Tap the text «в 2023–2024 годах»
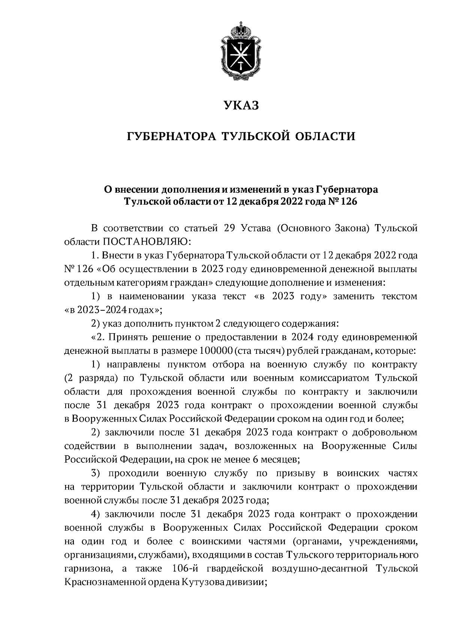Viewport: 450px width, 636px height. pos(113,310)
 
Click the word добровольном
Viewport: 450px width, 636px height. pos(386,432)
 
